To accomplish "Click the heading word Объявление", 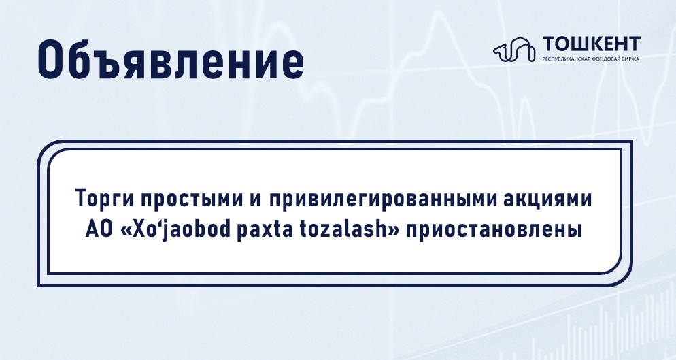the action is tap(171, 60).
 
